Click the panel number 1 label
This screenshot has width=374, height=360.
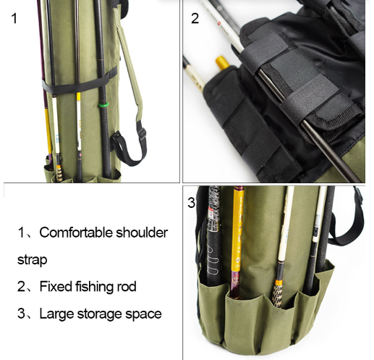point(14,18)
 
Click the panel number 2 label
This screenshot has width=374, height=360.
point(195,18)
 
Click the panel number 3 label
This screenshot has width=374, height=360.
point(192,202)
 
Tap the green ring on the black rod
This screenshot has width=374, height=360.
point(104,105)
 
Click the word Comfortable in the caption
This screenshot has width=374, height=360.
point(76,233)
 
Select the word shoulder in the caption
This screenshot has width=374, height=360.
point(142,233)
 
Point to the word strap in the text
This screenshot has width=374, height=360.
point(32,260)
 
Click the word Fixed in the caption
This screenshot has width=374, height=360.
point(56,286)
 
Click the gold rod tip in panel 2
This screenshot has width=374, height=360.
point(222,62)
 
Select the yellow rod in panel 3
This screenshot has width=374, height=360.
point(237,241)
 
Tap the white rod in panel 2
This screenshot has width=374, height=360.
point(221,25)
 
